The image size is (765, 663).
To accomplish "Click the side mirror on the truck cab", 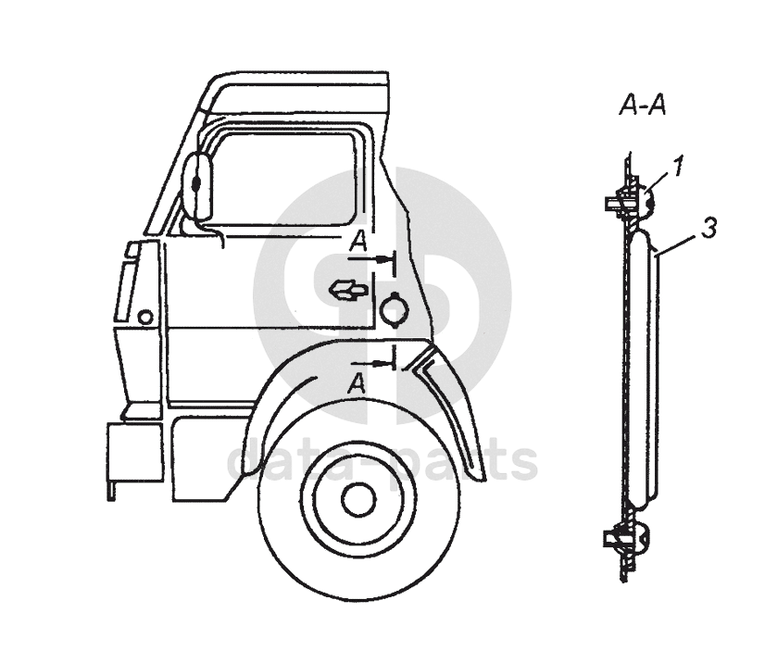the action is point(197,184).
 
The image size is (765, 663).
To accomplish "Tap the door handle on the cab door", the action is point(348,290).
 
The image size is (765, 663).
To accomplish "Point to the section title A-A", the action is point(643,106).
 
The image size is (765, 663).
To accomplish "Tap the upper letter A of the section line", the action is point(358,241).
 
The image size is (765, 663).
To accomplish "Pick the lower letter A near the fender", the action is point(357,382).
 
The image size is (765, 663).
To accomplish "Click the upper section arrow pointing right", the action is point(370,260).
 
